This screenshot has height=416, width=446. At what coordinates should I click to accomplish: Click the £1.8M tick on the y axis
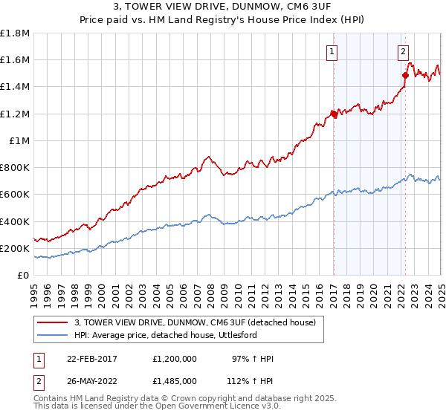[15, 33]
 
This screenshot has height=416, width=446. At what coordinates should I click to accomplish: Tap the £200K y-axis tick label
[15, 248]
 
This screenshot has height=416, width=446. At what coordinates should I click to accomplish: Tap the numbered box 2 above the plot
[402, 52]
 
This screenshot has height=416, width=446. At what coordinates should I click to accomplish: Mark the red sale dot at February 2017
[333, 114]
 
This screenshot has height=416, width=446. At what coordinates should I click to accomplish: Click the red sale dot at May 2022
[405, 75]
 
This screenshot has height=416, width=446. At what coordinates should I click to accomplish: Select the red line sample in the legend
[53, 322]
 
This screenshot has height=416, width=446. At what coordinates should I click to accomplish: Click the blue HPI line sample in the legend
[53, 335]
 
